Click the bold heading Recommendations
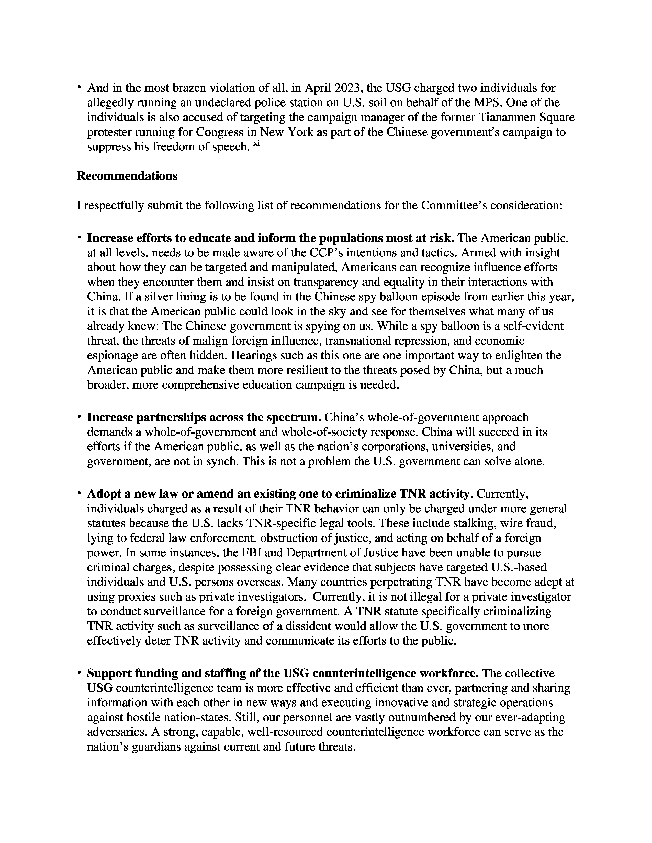(x=127, y=176)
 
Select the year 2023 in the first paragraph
(x=348, y=88)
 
